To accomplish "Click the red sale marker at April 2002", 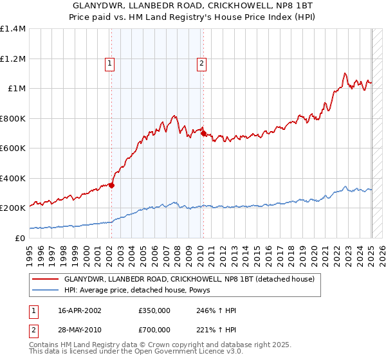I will click(x=111, y=185).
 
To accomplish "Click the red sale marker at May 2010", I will click(x=203, y=134).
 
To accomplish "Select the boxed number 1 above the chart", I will click(x=111, y=63).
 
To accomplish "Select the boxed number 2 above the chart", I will click(x=202, y=63).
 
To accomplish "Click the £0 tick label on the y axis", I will click(x=19, y=238).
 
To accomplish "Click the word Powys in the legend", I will click(x=210, y=291).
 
